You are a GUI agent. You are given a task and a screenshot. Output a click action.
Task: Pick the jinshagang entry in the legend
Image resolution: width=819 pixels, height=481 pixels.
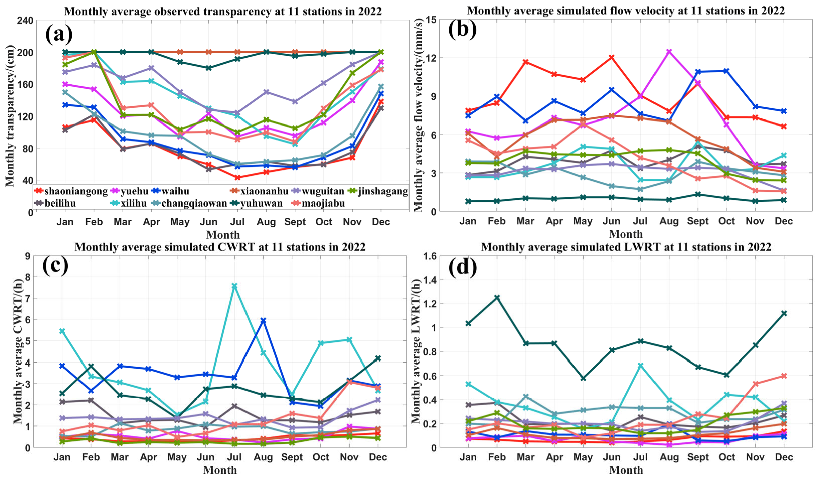tap(383, 192)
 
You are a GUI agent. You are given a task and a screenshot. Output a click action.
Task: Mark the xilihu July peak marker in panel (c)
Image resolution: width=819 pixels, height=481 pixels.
tap(234, 286)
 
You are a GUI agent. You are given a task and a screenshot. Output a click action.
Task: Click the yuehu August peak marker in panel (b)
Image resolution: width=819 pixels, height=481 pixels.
tap(669, 52)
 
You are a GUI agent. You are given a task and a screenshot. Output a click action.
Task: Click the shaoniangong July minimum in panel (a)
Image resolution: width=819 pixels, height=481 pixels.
tap(237, 178)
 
